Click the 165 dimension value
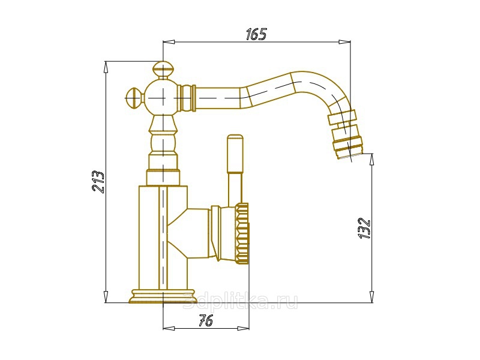[256, 34]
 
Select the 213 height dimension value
[98, 182]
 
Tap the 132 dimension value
[364, 228]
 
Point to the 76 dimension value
[206, 321]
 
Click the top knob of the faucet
[163, 70]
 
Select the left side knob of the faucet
[134, 97]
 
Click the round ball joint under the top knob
[163, 97]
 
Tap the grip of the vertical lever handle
[235, 154]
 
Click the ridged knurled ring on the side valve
[242, 233]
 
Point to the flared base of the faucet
[163, 296]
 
